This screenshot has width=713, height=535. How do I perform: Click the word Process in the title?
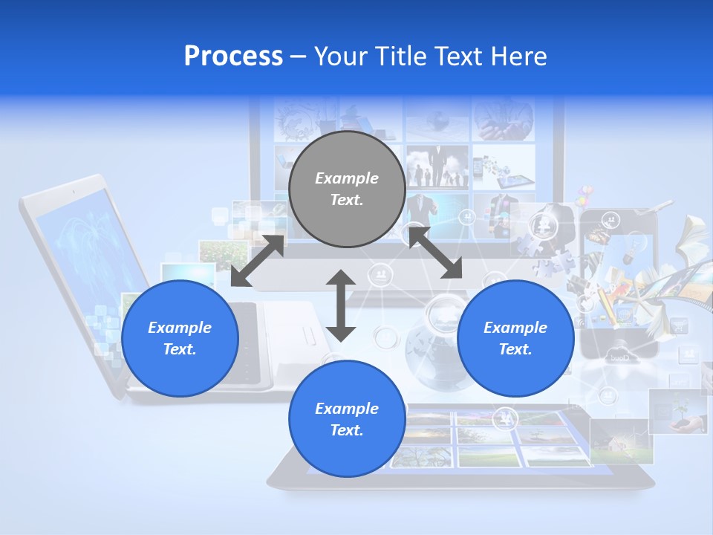pos(233,56)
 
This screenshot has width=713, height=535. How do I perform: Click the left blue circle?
pos(180,338)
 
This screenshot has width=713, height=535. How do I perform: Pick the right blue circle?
pos(515,338)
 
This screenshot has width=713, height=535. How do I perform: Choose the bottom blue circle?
pos(347,418)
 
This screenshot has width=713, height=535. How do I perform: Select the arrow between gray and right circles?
pos(435,253)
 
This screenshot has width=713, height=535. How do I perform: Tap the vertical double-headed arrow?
pos(341,305)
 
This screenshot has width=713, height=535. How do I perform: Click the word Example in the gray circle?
pos(347,178)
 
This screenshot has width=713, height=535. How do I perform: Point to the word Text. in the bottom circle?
pos(347,430)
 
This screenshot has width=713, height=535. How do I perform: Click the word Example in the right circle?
pos(515,328)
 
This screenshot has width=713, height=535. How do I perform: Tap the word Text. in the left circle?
pos(180,349)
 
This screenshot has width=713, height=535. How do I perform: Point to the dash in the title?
pos(298,56)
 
